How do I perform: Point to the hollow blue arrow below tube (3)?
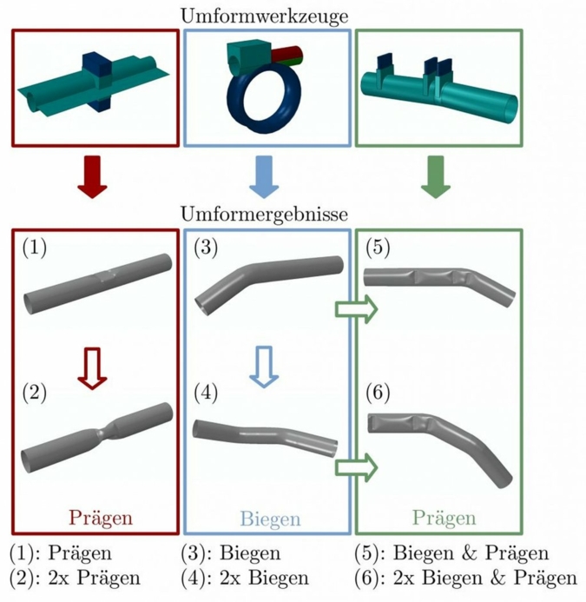[x=266, y=367]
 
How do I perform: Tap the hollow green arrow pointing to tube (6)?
[x=356, y=466]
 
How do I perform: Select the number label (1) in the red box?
[x=35, y=249]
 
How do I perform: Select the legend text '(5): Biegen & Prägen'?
[x=451, y=553]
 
